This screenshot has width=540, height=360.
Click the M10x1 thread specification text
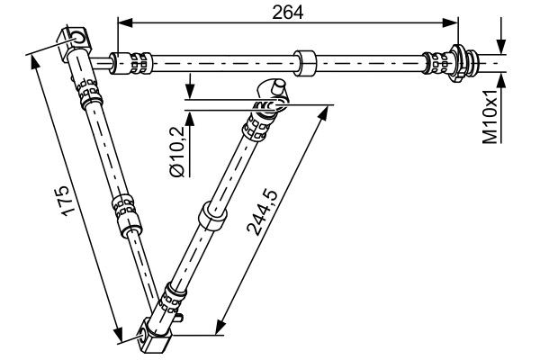point(490,117)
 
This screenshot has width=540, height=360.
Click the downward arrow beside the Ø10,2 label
point(191,92)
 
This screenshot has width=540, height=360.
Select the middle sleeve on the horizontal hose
point(306,63)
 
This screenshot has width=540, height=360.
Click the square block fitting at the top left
point(76,41)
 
